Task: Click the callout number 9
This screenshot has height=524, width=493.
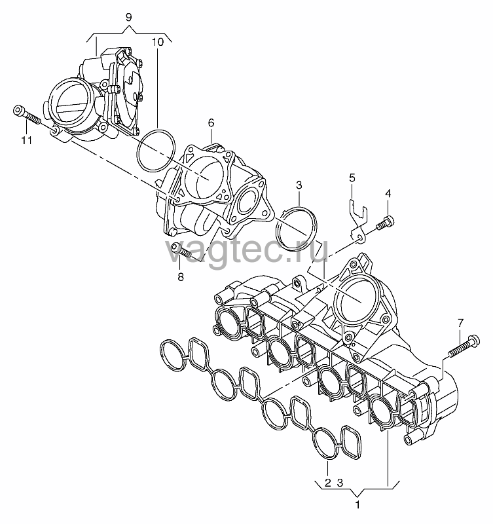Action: pos(129,17)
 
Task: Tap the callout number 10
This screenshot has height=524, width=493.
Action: pos(158,42)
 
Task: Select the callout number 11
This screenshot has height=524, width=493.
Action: pos(27,140)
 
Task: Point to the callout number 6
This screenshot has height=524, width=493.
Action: pos(211,123)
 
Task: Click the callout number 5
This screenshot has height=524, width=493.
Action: pos(352,178)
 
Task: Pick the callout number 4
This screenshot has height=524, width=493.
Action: pos(388,193)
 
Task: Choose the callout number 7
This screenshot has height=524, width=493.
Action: pos(461,323)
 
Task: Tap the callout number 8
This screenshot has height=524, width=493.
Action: pos(180,276)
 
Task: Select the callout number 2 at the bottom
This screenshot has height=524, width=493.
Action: pos(327,482)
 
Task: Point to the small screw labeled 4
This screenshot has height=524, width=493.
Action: pos(385,223)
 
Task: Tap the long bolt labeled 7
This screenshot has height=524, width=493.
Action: pos(465,346)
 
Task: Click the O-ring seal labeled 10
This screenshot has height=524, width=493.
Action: pos(137,151)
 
